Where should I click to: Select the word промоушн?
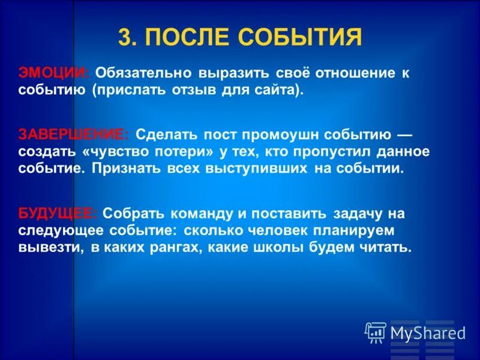coord(302,134)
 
